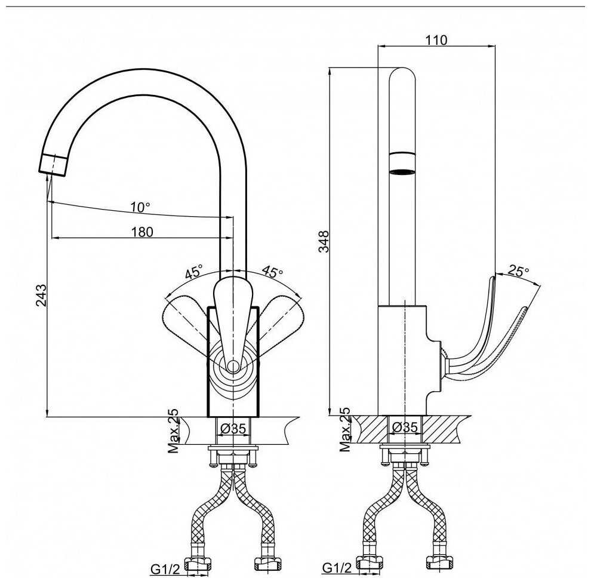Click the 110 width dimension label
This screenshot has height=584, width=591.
[436, 39]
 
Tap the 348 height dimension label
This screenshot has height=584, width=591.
[324, 241]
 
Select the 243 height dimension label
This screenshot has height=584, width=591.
[41, 295]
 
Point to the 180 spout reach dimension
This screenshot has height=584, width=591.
[142, 232]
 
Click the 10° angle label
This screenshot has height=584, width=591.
[140, 207]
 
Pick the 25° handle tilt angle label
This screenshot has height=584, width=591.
[519, 271]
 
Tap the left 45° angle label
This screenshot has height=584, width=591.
[194, 271]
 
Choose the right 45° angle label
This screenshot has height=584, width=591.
[272, 271]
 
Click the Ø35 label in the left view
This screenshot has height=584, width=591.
[233, 428]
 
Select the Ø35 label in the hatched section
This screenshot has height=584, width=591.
[405, 427]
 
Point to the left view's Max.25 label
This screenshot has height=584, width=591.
[173, 431]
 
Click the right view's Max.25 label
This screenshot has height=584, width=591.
[345, 429]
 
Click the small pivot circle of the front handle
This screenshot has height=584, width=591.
[233, 365]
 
